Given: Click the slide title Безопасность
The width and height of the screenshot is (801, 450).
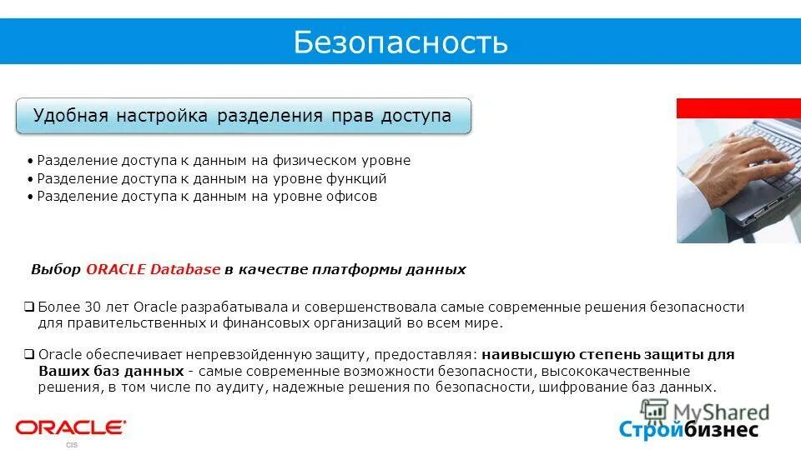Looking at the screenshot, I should [x=400, y=41].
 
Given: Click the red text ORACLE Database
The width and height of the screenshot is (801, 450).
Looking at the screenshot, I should [x=154, y=269].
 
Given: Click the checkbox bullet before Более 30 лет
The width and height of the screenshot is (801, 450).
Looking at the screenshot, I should [x=29, y=307].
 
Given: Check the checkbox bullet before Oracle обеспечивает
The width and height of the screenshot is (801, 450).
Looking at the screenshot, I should [x=29, y=353].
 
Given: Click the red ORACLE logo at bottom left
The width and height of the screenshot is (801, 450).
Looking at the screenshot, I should [x=70, y=427].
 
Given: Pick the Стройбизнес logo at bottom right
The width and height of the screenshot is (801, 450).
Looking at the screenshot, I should [x=688, y=429].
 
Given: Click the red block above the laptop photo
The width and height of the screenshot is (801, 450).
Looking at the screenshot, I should [x=738, y=107].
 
